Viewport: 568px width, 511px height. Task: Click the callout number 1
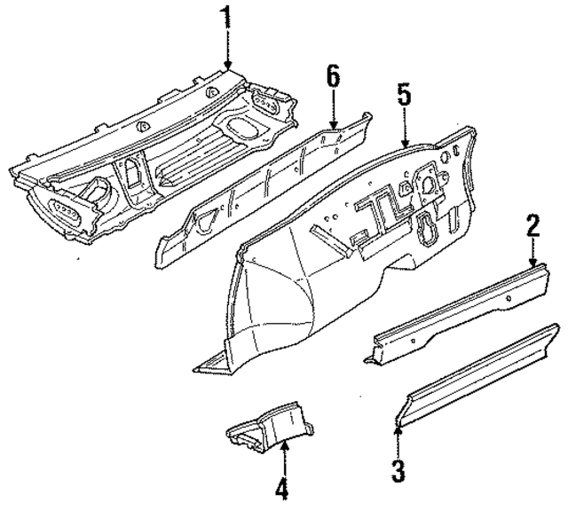(226, 18)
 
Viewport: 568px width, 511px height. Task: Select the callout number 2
(532, 224)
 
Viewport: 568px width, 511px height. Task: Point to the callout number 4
(282, 488)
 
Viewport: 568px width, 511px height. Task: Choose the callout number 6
(333, 75)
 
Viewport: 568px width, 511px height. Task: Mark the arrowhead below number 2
(533, 264)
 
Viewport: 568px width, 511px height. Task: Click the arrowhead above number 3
(398, 430)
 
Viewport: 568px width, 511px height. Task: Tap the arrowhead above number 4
(283, 448)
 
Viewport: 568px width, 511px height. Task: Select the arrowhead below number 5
(404, 144)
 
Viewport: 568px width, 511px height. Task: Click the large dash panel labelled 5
(373, 213)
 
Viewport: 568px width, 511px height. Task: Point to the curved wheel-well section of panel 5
(275, 302)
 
